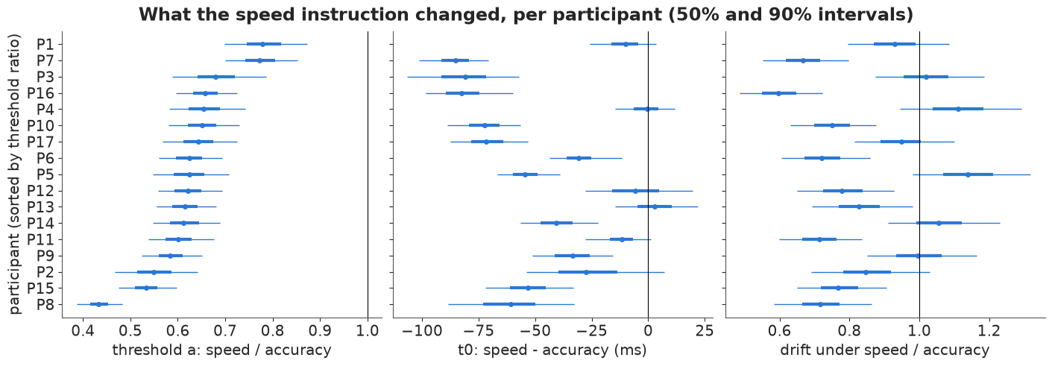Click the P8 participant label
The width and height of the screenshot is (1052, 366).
pyautogui.click(x=45, y=305)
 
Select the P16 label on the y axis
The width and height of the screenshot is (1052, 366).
pyautogui.click(x=40, y=93)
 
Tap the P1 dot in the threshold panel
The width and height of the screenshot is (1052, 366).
pyautogui.click(x=262, y=44)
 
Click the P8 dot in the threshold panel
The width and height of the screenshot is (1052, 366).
pyautogui.click(x=98, y=304)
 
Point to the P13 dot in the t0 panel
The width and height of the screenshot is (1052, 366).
pyautogui.click(x=655, y=206)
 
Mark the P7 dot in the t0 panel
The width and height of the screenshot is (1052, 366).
pyautogui.click(x=456, y=60)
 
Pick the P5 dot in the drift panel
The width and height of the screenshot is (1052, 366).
pyautogui.click(x=968, y=174)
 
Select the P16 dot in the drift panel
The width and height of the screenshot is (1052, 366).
pyautogui.click(x=778, y=93)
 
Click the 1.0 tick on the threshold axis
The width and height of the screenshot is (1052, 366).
pyautogui.click(x=368, y=331)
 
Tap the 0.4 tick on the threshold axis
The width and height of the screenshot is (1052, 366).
pyautogui.click(x=83, y=331)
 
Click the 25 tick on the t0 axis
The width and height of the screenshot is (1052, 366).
pyautogui.click(x=705, y=331)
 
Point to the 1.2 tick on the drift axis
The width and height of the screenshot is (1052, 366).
pyautogui.click(x=989, y=331)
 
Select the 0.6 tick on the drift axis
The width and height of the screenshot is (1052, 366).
pyautogui.click(x=780, y=331)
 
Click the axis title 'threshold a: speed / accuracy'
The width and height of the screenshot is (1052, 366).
pyautogui.click(x=221, y=350)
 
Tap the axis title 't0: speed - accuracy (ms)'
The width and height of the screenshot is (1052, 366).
pyautogui.click(x=552, y=350)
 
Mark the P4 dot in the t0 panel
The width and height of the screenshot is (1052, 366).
pyautogui.click(x=646, y=109)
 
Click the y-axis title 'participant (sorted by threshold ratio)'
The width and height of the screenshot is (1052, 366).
pyautogui.click(x=15, y=174)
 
